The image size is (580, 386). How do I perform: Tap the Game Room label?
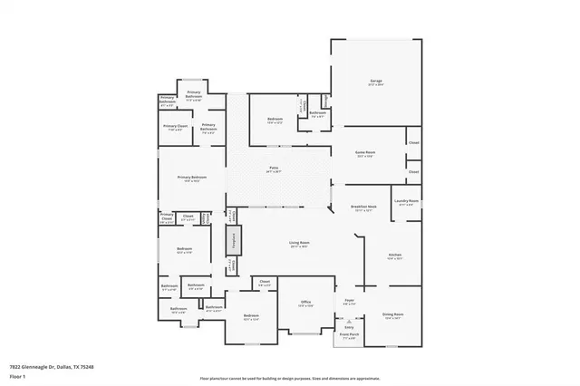pos(365,155)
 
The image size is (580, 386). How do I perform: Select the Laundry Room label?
pos(406,201)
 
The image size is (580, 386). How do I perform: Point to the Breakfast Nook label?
pos(363,209)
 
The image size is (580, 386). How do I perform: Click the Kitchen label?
pos(394,256)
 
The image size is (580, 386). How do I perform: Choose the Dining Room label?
pos(392,314)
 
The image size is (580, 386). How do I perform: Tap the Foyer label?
pos(349,300)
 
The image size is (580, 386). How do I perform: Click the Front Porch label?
pos(349,334)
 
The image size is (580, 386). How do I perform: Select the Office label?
pos(306,304)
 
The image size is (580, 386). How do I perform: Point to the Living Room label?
pos(299,243)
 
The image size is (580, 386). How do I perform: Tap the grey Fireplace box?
pos(232,243)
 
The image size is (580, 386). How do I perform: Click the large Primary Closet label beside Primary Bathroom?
pos(176,127)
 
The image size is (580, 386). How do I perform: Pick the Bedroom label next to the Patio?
pos(275,120)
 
